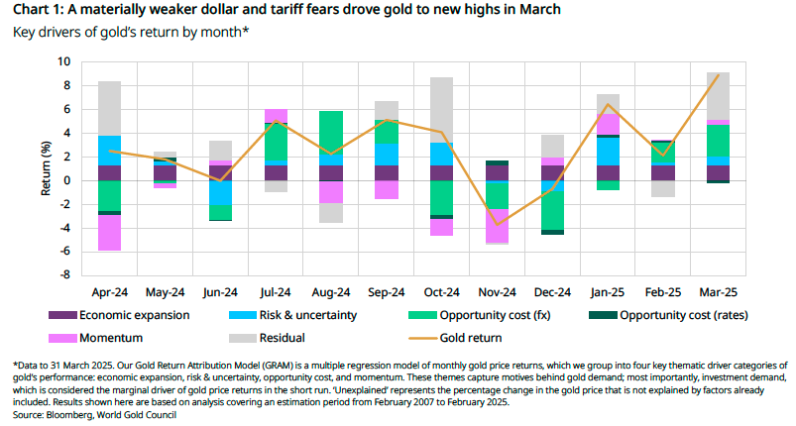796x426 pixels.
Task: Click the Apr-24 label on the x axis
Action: tap(110, 294)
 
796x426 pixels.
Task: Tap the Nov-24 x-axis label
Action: tap(497, 294)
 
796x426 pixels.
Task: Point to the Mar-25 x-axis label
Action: tap(718, 294)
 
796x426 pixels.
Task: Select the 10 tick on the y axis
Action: tap(64, 61)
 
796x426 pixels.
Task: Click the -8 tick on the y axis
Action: tap(64, 275)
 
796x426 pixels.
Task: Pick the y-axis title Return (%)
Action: tap(46, 168)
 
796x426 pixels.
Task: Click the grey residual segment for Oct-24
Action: tap(442, 109)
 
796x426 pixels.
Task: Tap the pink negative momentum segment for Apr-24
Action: tap(110, 233)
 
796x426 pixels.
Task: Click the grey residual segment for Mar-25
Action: tap(718, 95)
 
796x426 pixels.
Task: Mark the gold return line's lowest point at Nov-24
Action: tap(497, 225)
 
